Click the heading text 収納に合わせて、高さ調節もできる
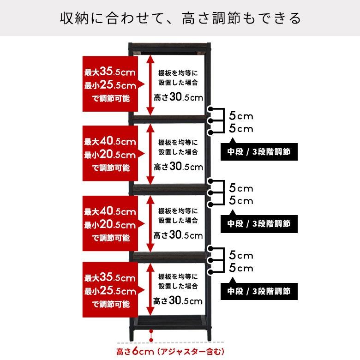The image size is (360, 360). [x=180, y=18]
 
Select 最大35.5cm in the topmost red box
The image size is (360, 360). [x=110, y=72]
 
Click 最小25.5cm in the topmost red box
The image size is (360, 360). [x=110, y=85]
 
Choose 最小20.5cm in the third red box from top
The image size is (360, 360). [x=110, y=225]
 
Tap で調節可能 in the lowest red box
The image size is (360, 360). [x=110, y=304]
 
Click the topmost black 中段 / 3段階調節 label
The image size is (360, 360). [x=259, y=152]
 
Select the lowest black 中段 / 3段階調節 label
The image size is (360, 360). [x=259, y=291]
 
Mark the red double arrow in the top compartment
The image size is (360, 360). [x=150, y=85]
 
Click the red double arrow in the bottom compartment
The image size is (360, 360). [x=150, y=291]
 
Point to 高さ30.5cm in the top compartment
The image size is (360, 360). [x=178, y=97]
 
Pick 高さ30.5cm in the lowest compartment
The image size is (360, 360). [x=178, y=301]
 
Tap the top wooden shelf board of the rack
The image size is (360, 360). [x=169, y=47]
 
